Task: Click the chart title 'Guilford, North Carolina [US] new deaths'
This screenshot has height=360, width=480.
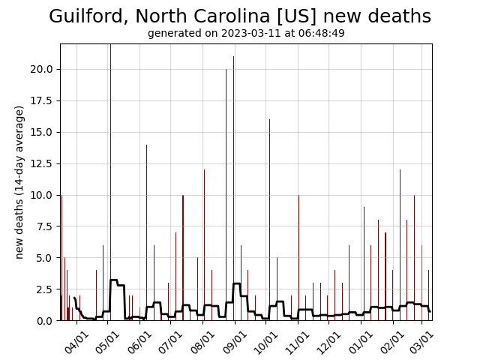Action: click(240, 16)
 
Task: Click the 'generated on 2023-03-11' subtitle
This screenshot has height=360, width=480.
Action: click(246, 34)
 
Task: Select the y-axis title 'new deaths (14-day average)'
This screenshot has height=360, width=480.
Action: click(19, 182)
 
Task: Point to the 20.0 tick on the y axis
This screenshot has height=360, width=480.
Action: click(41, 69)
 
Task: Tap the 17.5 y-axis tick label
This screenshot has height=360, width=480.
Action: click(41, 100)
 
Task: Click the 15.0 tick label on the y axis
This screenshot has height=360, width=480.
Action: click(41, 132)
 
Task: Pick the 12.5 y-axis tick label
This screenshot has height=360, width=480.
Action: click(41, 163)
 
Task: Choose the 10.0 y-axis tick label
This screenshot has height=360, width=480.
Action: click(41, 195)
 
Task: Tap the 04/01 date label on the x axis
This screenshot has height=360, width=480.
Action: click(77, 341)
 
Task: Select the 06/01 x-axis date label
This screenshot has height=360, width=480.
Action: click(140, 341)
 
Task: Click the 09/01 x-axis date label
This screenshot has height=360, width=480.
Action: click(235, 341)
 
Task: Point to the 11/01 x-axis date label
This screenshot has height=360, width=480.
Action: click(298, 341)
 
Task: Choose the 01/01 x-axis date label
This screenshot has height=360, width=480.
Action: click(361, 341)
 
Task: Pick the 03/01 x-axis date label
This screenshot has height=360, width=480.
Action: click(421, 341)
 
